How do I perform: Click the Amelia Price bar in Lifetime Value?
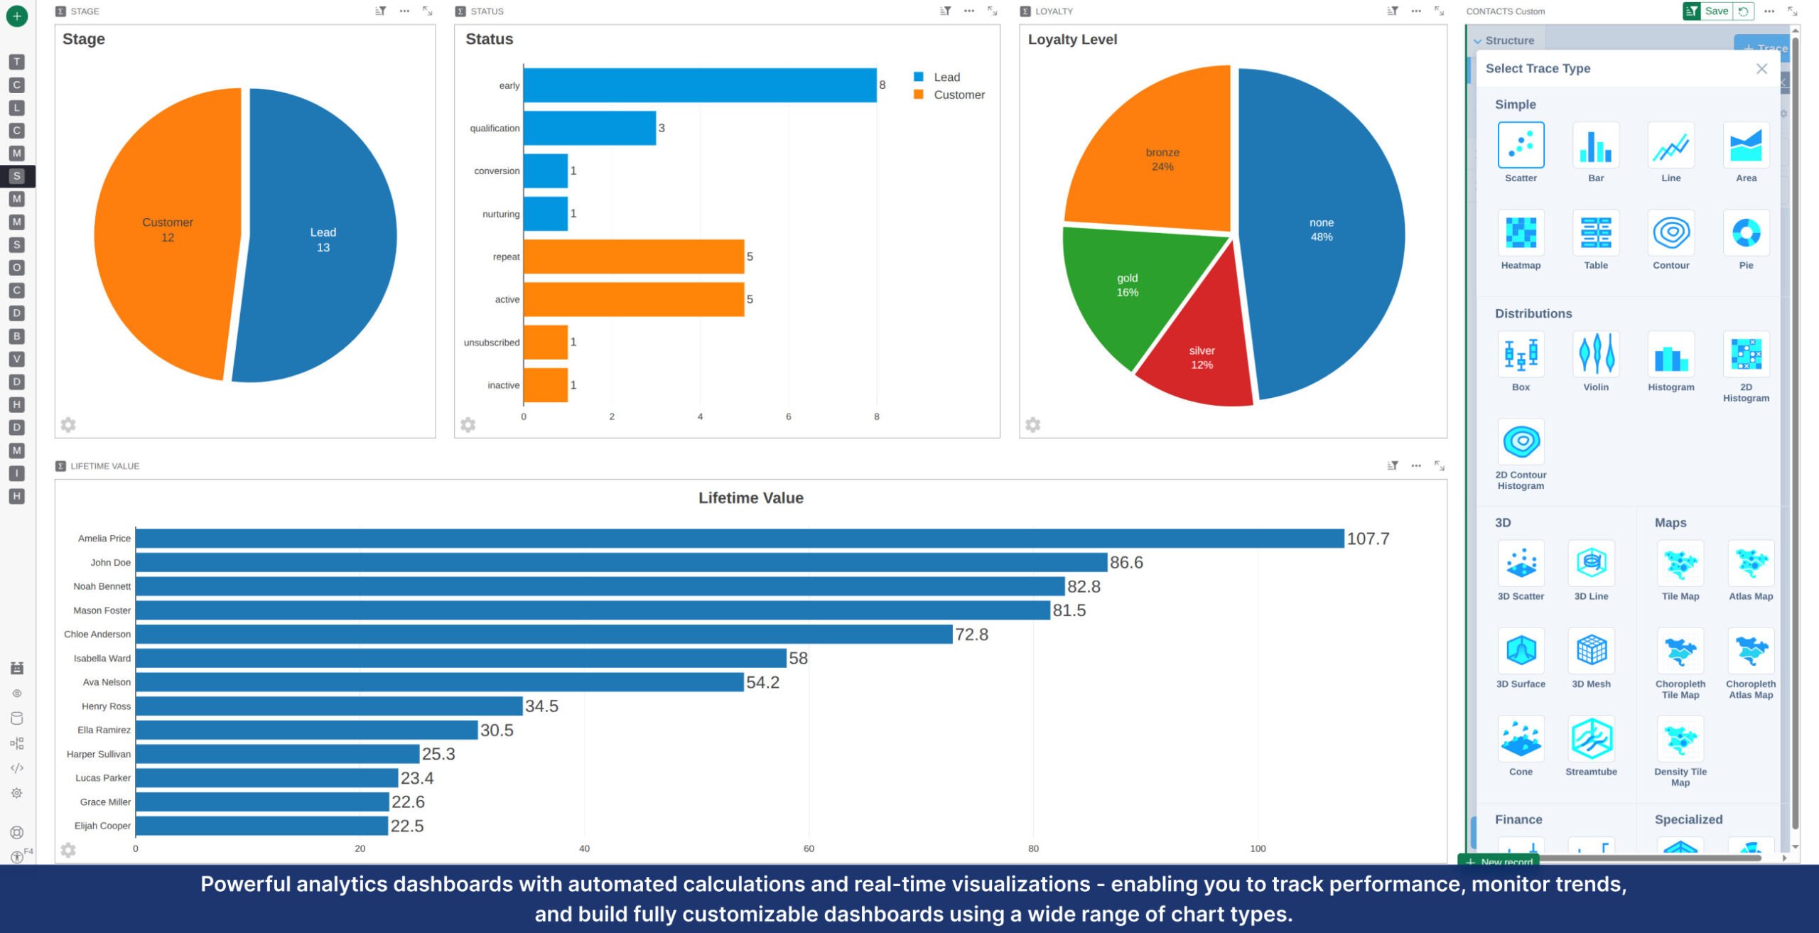739,539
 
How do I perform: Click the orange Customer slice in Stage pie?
168,230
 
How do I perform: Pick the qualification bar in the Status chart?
589,129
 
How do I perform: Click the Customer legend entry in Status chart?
958,95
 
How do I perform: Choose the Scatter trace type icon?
1521,146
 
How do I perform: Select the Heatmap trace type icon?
1521,233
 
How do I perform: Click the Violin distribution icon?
1595,354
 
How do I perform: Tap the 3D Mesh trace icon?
1591,651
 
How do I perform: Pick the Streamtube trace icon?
1591,739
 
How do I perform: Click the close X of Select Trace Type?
1761,69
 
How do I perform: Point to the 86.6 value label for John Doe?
1126,563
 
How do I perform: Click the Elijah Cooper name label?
102,826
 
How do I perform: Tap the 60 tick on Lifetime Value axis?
809,848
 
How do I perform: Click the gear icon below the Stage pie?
68,425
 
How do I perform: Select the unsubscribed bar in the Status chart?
546,343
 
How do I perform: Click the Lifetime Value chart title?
750,498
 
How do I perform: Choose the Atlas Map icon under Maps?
1750,563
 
